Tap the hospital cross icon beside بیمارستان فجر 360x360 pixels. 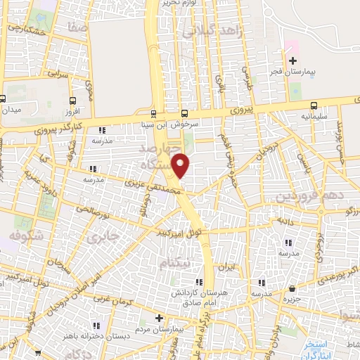[293, 61]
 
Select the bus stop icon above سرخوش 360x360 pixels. [184, 112]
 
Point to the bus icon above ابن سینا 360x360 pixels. [154, 112]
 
